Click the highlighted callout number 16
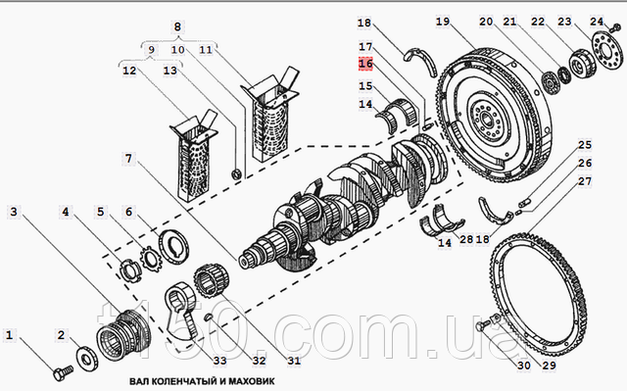tap(365, 64)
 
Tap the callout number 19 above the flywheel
tap(443, 22)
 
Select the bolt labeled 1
tap(63, 372)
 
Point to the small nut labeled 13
tap(236, 173)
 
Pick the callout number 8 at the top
tap(177, 26)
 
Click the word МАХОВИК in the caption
tap(252, 380)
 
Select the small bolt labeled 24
tap(614, 27)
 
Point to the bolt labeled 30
tap(482, 325)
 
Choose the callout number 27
tap(585, 181)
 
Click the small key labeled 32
tap(208, 318)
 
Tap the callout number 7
tap(128, 159)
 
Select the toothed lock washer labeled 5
tap(150, 259)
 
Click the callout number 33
tap(219, 361)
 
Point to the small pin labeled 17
tap(427, 126)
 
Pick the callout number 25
tap(585, 145)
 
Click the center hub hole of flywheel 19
tap(488, 118)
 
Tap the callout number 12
tap(129, 71)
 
